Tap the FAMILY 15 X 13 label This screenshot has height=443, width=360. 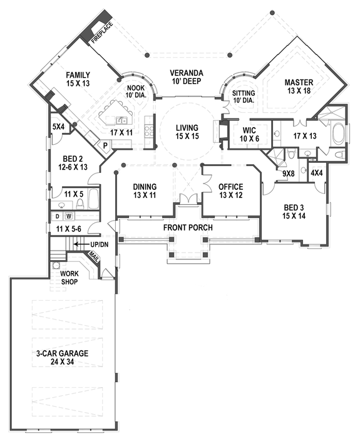click(x=79, y=80)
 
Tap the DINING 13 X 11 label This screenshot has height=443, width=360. click(x=144, y=190)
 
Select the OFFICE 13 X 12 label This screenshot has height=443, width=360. click(x=230, y=190)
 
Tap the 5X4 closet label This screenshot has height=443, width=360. click(x=58, y=127)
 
